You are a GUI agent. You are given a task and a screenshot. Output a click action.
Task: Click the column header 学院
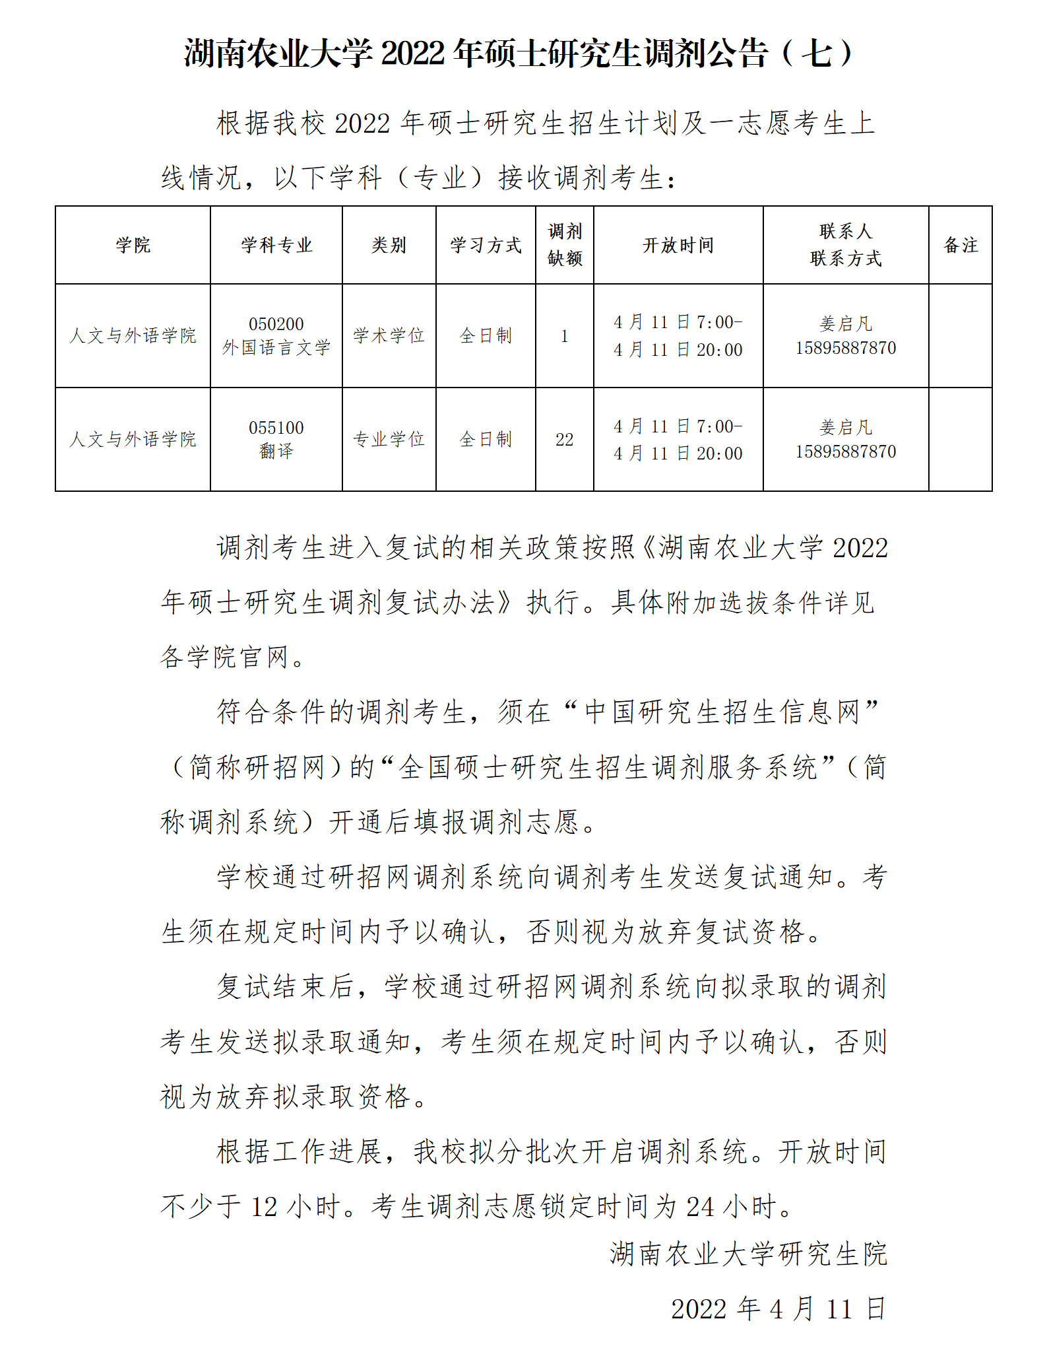(133, 246)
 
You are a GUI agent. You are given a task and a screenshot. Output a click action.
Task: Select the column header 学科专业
(276, 246)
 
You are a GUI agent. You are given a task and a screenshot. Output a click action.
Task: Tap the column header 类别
(389, 246)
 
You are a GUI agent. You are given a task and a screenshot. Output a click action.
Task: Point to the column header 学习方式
(486, 246)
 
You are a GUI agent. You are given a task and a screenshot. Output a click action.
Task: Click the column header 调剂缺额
(565, 245)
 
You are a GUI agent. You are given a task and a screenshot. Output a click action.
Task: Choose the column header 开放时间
(678, 246)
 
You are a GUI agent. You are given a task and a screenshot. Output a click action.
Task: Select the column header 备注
(960, 246)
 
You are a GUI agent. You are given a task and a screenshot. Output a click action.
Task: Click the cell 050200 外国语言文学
(276, 336)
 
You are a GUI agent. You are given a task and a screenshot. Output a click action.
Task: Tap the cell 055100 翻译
(276, 440)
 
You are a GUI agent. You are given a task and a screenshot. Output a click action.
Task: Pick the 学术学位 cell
(389, 336)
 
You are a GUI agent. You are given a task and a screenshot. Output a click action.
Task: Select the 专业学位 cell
(389, 440)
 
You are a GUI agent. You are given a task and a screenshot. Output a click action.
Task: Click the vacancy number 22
(565, 440)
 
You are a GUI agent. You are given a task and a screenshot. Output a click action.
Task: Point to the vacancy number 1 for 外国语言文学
(565, 336)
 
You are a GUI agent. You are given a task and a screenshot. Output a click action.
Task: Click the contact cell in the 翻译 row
(846, 440)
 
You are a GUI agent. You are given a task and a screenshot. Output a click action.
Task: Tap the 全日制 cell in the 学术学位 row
(486, 336)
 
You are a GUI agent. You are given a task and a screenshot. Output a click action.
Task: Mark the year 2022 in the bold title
(413, 53)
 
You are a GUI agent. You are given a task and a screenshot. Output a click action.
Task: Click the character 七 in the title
(819, 53)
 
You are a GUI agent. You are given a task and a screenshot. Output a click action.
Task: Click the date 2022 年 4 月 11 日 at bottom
(778, 1308)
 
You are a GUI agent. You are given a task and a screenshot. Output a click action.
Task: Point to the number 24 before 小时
(700, 1207)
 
